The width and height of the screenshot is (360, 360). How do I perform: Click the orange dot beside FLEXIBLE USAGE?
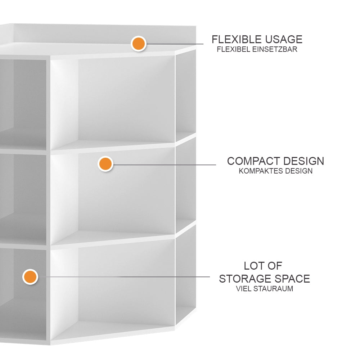point(139,44)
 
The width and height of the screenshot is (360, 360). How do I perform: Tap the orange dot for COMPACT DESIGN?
point(105,164)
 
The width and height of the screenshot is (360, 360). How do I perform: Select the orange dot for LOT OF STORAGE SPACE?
point(30,277)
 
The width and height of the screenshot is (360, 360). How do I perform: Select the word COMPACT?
point(253,161)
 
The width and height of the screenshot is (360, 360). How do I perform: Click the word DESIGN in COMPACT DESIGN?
point(304,161)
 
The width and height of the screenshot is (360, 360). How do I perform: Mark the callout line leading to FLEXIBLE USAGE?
point(174,44)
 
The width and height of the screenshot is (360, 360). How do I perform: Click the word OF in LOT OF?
point(275,266)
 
